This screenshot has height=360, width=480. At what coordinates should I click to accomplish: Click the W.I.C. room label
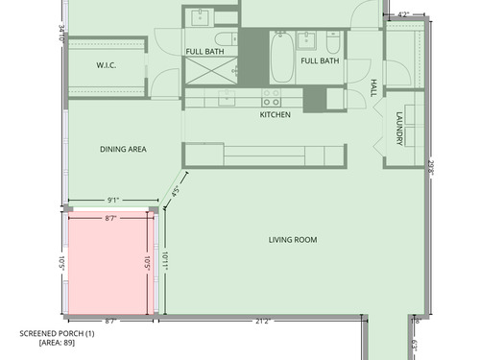(107, 65)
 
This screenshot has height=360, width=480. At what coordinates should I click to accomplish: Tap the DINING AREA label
(123, 149)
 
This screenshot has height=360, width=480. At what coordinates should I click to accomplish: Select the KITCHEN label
(276, 114)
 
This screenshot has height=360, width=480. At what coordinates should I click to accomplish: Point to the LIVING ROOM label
(293, 240)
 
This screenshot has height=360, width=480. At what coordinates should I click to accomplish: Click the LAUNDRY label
(399, 129)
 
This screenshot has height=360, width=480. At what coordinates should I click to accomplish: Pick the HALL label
(373, 88)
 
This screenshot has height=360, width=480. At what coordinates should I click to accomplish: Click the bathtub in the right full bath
(282, 58)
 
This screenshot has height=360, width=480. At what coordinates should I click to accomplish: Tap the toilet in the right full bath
(333, 42)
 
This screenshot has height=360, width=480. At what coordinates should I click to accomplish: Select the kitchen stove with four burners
(272, 98)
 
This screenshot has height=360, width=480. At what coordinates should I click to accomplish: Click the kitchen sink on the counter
(227, 98)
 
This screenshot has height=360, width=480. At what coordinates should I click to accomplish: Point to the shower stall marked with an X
(211, 71)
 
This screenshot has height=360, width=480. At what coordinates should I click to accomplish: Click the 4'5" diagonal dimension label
(175, 191)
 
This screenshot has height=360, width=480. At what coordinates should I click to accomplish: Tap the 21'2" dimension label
(263, 321)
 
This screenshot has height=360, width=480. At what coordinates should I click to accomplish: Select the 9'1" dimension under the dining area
(113, 201)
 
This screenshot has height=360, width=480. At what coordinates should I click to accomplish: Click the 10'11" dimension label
(165, 261)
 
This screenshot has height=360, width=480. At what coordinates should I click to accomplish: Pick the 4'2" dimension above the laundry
(403, 14)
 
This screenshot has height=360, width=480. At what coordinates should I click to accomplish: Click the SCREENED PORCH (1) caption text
(57, 333)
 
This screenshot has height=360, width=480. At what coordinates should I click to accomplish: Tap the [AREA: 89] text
(57, 343)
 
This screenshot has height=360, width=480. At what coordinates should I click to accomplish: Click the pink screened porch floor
(108, 262)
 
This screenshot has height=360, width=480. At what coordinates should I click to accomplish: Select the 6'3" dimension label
(415, 346)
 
